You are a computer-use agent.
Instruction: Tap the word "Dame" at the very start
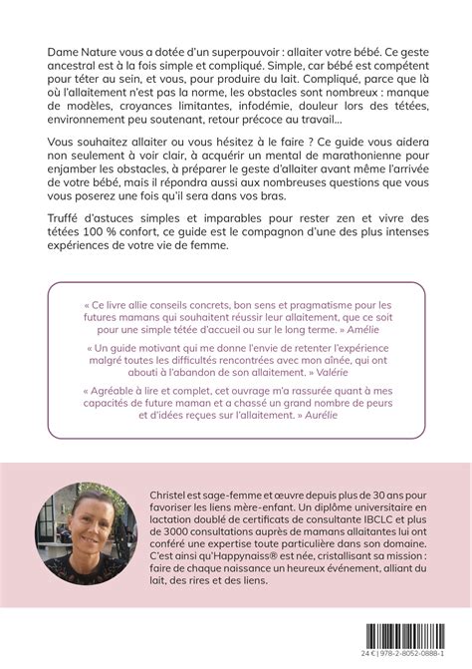pyautogui.click(x=66, y=51)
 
